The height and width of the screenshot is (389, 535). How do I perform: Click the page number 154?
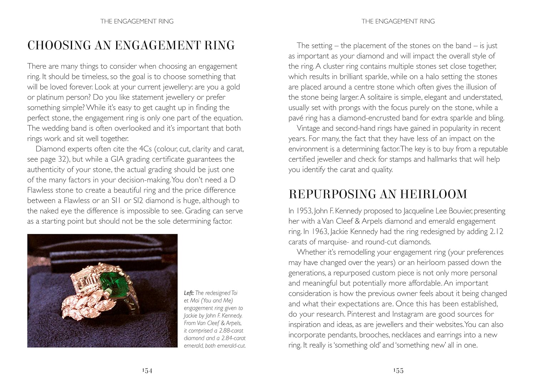point(147,371)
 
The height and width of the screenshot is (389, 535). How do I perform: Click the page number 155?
point(398,371)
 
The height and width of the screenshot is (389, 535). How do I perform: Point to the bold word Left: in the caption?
point(189,293)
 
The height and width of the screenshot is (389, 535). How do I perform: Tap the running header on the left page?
point(137,21)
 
